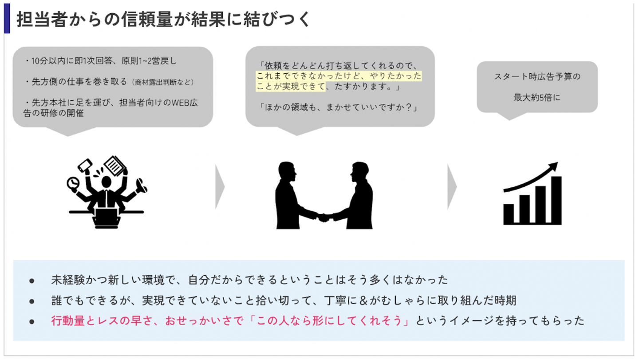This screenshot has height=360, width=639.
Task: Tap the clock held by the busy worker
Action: (72, 182)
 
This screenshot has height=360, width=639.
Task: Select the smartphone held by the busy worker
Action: (85, 166)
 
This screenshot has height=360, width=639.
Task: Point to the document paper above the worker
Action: (115, 165)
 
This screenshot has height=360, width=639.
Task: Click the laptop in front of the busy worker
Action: (106, 219)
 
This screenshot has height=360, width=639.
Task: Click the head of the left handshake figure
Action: (286, 171)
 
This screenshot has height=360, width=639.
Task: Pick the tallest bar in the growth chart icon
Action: (556, 200)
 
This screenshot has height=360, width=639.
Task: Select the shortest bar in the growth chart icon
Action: (509, 214)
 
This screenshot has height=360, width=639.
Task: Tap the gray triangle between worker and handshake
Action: (220, 187)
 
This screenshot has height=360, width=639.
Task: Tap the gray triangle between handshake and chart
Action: (452, 187)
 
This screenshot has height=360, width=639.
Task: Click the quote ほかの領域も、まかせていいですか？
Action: (338, 108)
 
